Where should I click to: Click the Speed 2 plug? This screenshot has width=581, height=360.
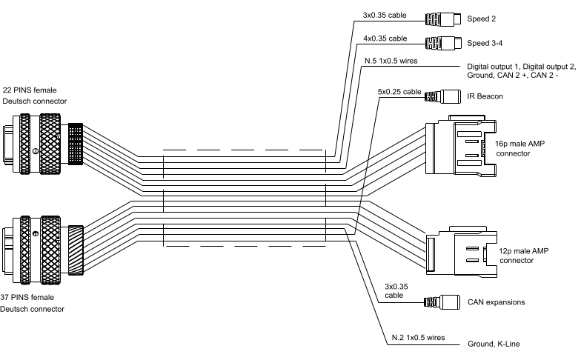coord(444,19)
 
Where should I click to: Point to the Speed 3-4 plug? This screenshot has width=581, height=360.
coord(444,41)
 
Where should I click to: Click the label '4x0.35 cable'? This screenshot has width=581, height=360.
coord(385,38)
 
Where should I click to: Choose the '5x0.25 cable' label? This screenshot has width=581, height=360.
coord(399,92)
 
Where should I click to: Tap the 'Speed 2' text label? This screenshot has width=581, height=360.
coord(482,19)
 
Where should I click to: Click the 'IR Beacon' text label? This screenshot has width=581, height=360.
coord(486,96)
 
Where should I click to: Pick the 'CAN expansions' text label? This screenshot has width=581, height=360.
coord(497,302)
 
